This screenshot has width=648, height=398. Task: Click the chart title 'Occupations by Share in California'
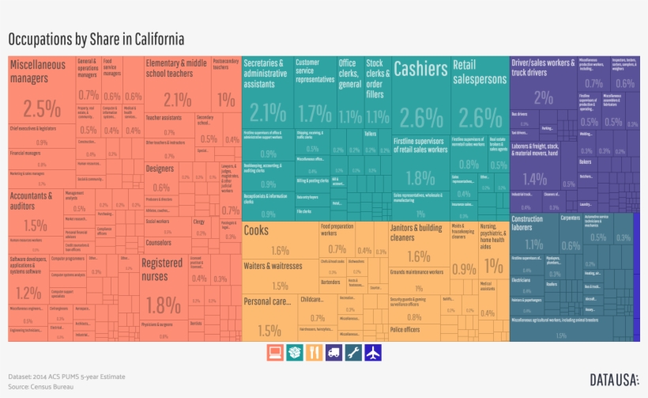click(x=96, y=39)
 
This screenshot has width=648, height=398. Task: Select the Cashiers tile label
click(x=420, y=70)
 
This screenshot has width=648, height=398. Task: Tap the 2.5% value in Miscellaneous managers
click(x=41, y=108)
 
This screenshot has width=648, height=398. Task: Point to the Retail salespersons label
click(x=479, y=72)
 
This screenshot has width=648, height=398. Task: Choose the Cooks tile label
click(x=256, y=230)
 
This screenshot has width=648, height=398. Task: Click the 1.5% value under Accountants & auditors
click(x=35, y=226)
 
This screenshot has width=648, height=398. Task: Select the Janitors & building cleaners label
click(x=416, y=233)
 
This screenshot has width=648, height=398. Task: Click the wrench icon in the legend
click(x=353, y=352)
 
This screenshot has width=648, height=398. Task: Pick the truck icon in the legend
click(x=333, y=352)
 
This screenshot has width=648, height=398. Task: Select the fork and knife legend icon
click(x=313, y=352)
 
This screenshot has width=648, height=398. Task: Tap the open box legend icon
click(x=293, y=352)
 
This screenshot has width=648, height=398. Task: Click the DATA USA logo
click(x=614, y=380)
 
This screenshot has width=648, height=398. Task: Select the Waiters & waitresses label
click(x=273, y=266)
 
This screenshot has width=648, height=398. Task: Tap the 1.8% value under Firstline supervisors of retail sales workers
click(x=420, y=177)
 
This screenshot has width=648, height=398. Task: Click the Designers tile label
click(x=160, y=169)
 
